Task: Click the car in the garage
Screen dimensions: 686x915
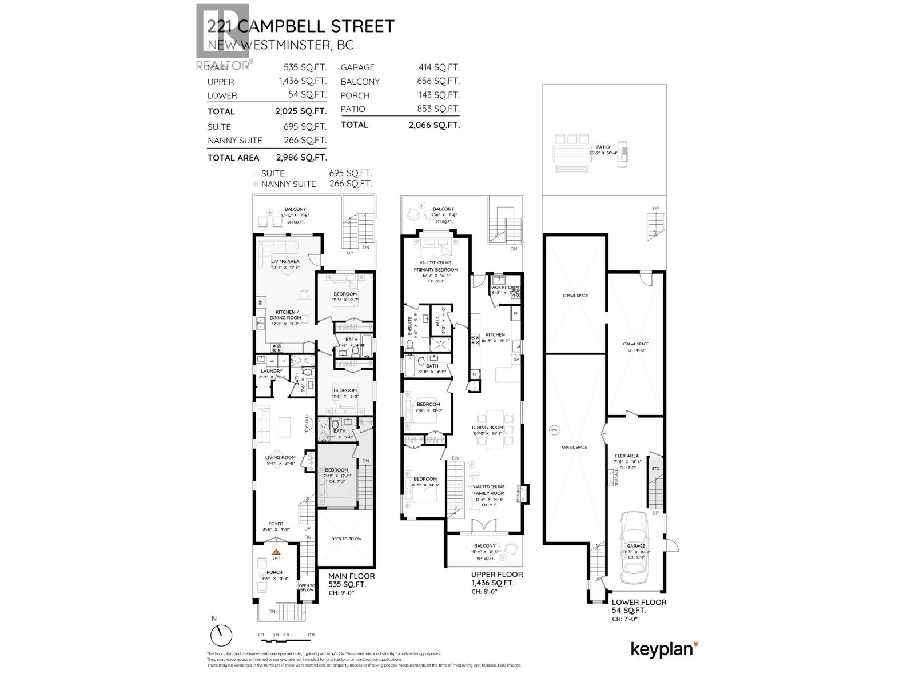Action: point(635,543)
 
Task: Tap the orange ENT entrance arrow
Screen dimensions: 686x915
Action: point(276,552)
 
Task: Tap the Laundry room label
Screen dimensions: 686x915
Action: point(272,371)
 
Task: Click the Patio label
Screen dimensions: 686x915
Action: point(602,147)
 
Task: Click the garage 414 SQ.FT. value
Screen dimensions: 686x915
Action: point(439,67)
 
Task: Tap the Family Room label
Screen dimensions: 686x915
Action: point(488,493)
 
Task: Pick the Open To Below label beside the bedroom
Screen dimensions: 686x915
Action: point(346,539)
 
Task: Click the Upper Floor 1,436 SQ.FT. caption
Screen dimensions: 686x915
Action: point(493,579)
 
